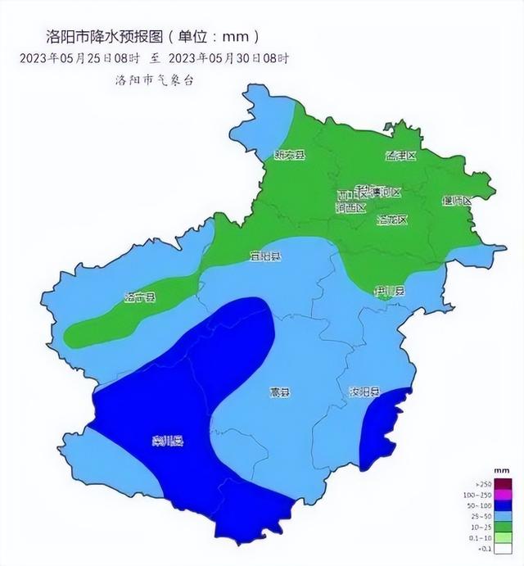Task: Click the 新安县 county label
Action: pos(289,155)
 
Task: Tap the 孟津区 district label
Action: pos(401,156)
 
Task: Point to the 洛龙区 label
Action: pos(391,220)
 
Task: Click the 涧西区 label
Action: pos(350,208)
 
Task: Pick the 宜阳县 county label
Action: pos(264,256)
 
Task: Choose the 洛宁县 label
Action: pos(139,297)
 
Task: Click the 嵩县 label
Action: pos(280,392)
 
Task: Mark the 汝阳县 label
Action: pos(364,392)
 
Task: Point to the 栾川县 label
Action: pos(167,442)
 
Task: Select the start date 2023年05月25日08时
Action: pos(81,58)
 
